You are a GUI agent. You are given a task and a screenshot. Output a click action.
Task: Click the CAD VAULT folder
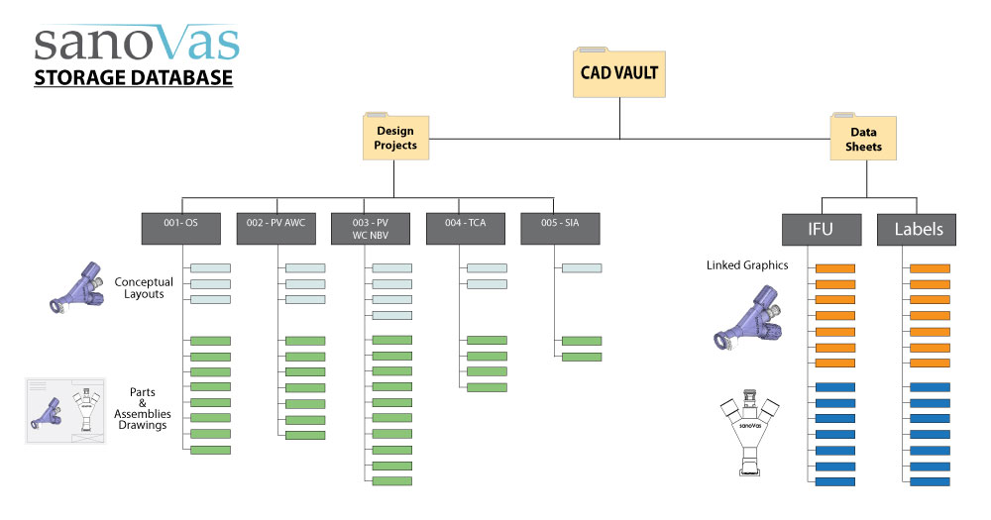tap(619, 71)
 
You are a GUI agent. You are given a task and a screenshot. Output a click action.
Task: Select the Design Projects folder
tap(395, 137)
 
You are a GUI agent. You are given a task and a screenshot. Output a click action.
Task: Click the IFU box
tap(821, 230)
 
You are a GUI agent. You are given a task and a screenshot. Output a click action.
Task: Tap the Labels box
tap(917, 230)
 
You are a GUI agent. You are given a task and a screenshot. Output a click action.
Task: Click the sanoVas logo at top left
tap(137, 44)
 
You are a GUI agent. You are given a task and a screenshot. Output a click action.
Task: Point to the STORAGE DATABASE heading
tap(134, 77)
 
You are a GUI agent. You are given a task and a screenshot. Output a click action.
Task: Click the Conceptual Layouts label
tap(144, 286)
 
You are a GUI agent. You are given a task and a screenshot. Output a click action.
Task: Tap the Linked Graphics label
tap(746, 265)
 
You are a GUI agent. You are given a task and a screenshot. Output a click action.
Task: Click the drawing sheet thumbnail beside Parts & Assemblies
tap(65, 410)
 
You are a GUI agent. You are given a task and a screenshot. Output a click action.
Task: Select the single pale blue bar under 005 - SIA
tap(581, 267)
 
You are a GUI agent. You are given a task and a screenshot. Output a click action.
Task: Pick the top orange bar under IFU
tap(834, 268)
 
